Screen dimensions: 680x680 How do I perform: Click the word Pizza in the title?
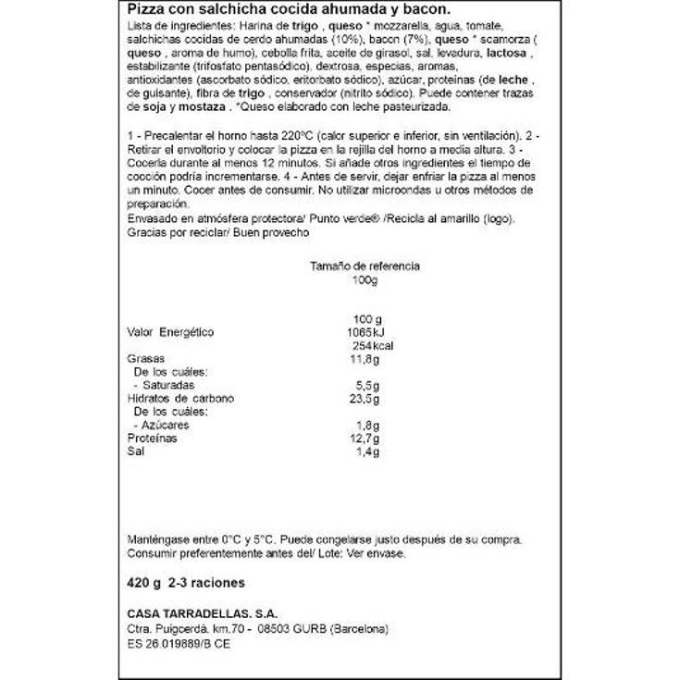click(x=143, y=11)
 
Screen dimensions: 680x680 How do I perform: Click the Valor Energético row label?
click(x=169, y=332)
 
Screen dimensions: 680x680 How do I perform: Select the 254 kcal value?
click(x=367, y=345)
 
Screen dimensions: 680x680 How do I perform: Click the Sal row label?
click(x=133, y=451)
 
